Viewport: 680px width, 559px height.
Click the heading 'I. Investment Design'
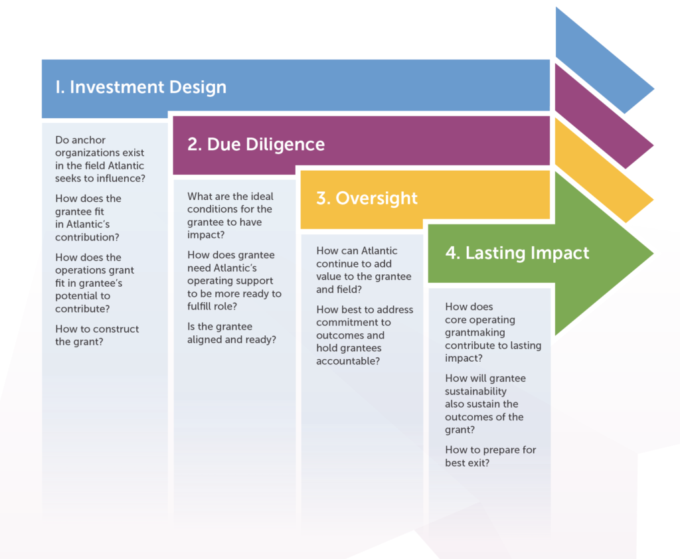pos(141,87)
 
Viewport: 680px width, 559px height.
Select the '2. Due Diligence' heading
pos(256,144)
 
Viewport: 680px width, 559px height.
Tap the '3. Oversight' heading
pos(367,199)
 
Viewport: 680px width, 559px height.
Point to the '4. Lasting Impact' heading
pos(517,253)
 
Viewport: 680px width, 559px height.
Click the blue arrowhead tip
pos(653,89)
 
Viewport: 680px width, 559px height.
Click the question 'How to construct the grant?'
pos(97,335)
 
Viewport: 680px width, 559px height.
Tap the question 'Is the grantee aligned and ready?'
pos(232,333)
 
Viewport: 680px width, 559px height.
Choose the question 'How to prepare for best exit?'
pos(491,456)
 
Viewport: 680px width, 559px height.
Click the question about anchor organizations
pos(100,159)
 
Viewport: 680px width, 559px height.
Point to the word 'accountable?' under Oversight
pos(348,361)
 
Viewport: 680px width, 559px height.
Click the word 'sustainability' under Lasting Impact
pos(475,391)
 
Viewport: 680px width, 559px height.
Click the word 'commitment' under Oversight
pos(353,322)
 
